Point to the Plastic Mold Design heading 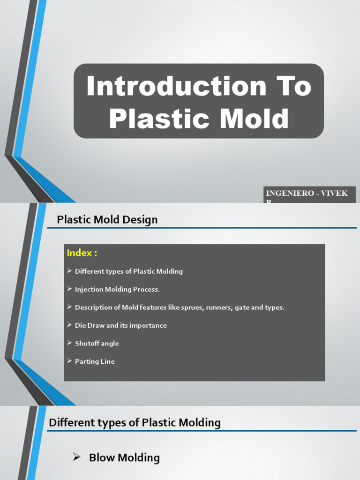[x=107, y=219]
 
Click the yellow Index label [x=82, y=253]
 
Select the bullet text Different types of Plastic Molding [x=129, y=271]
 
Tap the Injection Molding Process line [x=117, y=290]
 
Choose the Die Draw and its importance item [x=120, y=325]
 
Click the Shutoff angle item [x=97, y=344]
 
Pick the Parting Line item [x=95, y=361]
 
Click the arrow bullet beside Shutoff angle [x=69, y=343]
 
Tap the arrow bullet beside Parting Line [x=69, y=361]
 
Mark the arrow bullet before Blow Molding [x=77, y=457]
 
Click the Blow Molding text [x=124, y=458]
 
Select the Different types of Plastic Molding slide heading [x=135, y=423]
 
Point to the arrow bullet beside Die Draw [x=69, y=325]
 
